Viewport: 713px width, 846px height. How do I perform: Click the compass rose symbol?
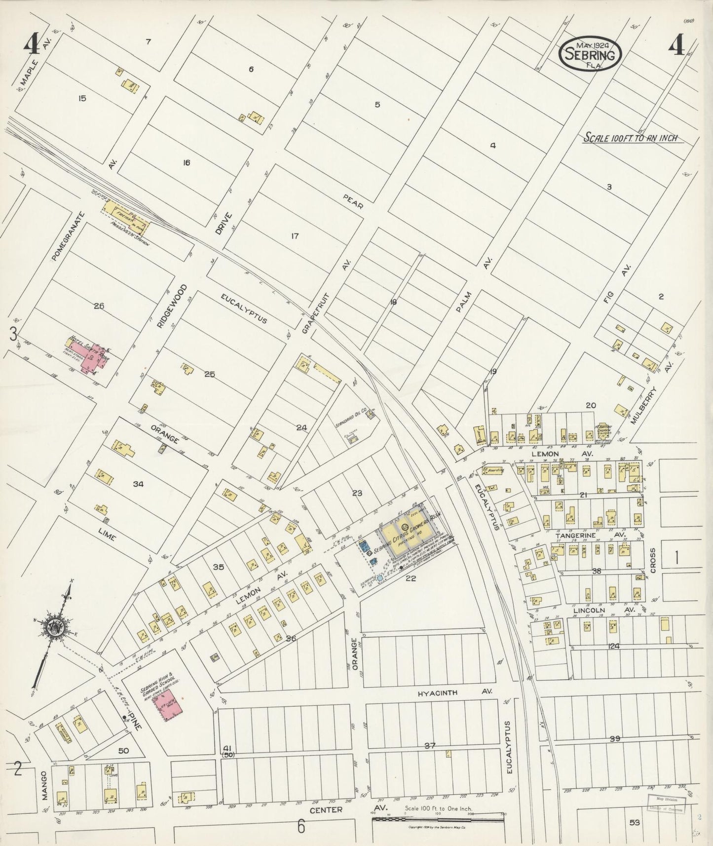[x=51, y=627]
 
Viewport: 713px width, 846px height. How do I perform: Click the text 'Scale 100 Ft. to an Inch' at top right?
[x=631, y=138]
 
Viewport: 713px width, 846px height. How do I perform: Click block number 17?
[x=295, y=236]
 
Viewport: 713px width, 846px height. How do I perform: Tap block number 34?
[x=138, y=484]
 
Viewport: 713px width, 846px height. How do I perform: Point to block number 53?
[x=635, y=822]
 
